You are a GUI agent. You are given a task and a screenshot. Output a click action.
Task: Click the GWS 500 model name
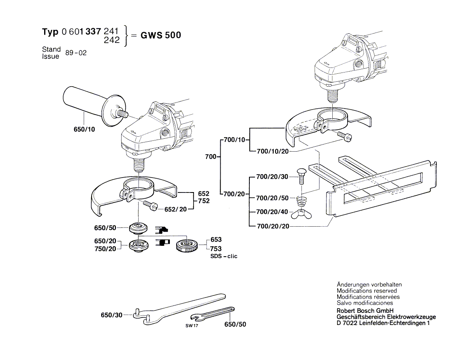[160, 35]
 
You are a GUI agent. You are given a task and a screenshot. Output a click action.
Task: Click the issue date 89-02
[76, 53]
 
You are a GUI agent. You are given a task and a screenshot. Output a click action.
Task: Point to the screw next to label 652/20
[150, 205]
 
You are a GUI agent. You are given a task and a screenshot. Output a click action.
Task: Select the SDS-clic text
[224, 256]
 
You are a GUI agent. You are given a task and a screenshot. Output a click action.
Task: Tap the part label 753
[216, 248]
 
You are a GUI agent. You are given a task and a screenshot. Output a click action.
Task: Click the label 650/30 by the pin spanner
[112, 315]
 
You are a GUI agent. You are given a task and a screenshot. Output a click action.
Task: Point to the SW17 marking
[191, 326]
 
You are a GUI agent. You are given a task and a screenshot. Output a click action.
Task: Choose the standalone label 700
[211, 157]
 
